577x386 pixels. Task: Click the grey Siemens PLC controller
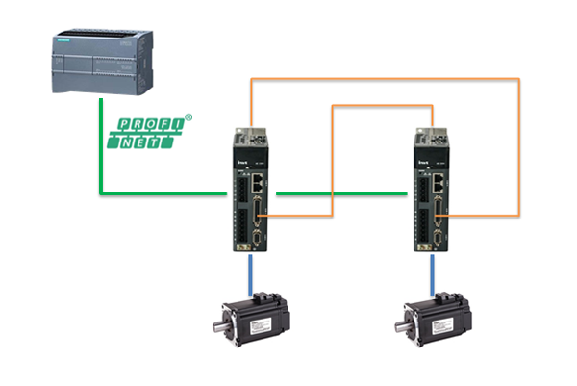pyautogui.click(x=102, y=64)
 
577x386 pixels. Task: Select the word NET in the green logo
pyautogui.click(x=153, y=142)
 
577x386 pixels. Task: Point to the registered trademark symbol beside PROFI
pyautogui.click(x=188, y=117)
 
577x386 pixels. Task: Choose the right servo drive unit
pyautogui.click(x=434, y=192)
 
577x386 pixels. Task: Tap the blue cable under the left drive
pyautogui.click(x=251, y=273)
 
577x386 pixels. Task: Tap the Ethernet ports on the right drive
pyautogui.click(x=442, y=178)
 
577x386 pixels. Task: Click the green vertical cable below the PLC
pyautogui.click(x=100, y=144)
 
